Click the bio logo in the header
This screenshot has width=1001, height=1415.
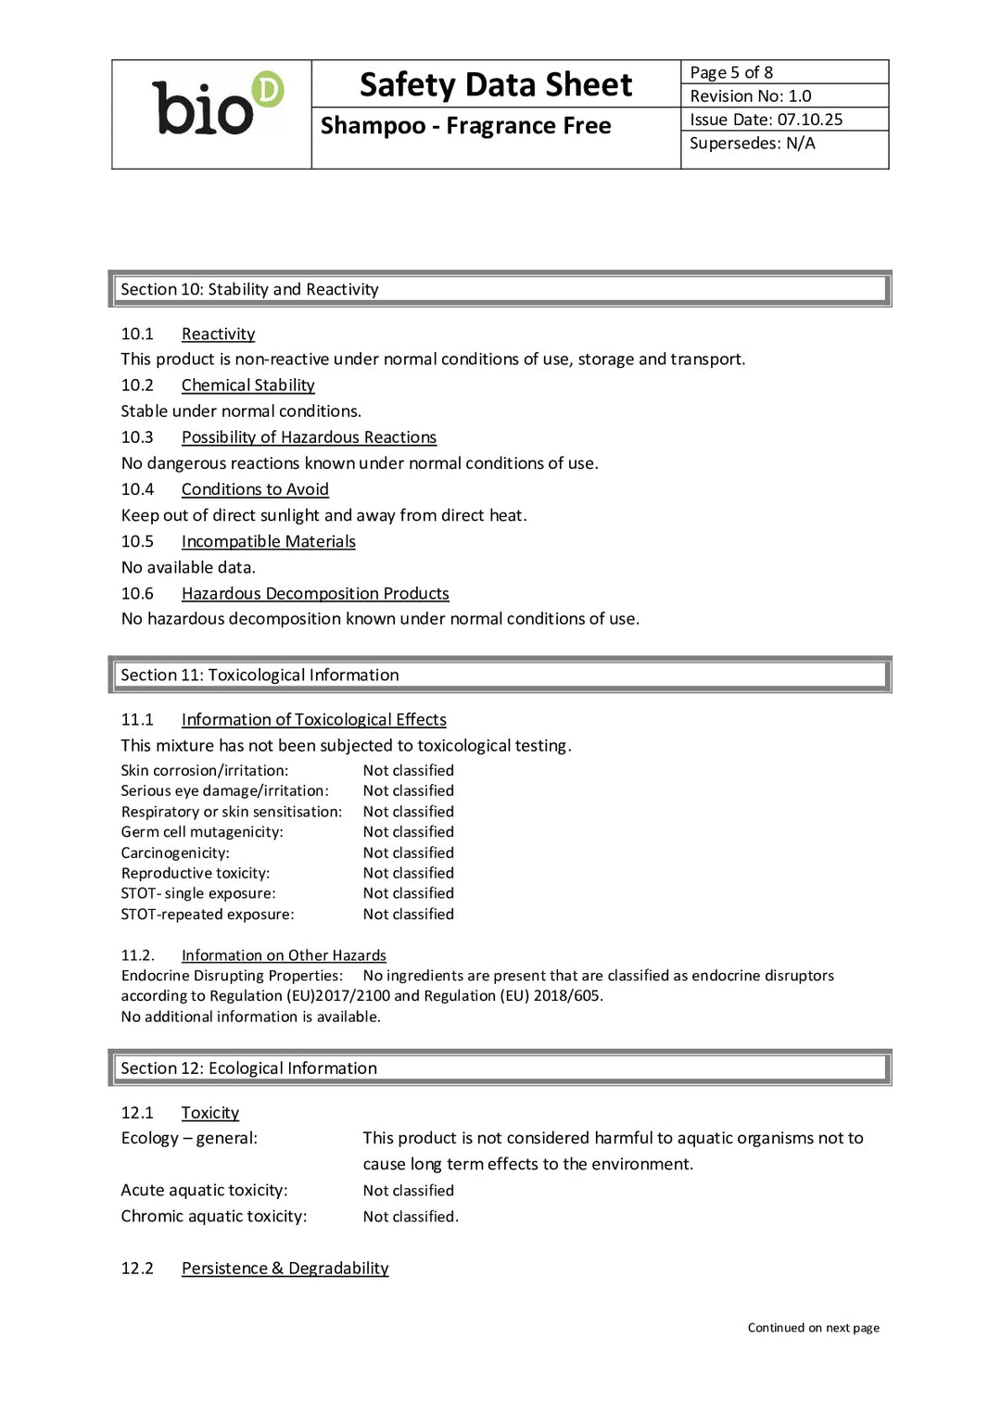217,106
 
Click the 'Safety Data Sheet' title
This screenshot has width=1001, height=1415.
496,85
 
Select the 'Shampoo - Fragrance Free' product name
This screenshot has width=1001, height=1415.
465,126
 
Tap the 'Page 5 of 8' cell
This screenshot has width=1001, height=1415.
731,72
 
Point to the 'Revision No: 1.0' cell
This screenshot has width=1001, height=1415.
751,96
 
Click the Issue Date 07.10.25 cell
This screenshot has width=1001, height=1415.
767,120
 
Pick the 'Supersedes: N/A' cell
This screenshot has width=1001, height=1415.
753,144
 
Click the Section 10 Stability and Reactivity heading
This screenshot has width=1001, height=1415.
249,289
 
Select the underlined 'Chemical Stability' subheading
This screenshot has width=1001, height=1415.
247,385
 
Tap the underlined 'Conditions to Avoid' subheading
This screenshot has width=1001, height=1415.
255,489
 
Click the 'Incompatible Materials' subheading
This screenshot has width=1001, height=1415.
268,541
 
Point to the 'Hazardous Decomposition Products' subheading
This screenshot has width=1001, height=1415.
315,593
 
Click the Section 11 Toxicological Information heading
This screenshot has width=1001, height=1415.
260,676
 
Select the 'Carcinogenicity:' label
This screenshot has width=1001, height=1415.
175,853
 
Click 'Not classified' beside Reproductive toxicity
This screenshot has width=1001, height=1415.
409,873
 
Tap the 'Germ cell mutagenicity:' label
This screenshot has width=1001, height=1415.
202,832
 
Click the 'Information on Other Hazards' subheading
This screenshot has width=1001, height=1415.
284,955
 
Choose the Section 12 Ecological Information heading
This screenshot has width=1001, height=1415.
248,1068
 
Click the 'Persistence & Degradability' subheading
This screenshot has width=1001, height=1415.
285,1269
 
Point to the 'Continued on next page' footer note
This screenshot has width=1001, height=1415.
813,1328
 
